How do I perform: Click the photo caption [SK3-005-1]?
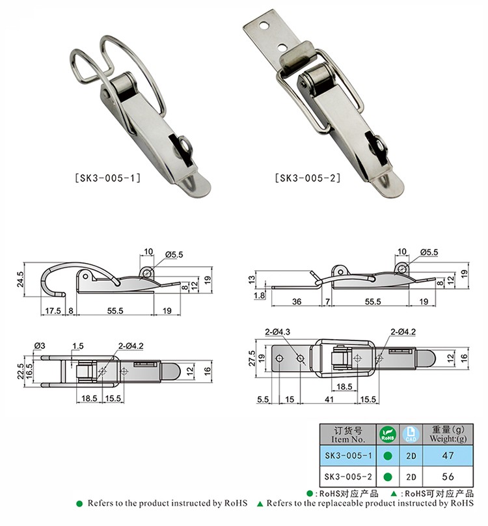107,178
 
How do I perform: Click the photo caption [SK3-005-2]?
308,178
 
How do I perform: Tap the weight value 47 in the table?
448,456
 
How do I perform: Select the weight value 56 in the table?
448,477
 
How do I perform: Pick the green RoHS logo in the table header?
388,434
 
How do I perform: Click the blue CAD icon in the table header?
411,434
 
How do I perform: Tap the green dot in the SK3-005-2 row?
388,477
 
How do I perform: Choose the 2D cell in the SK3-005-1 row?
411,456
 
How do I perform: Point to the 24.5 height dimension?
20,279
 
